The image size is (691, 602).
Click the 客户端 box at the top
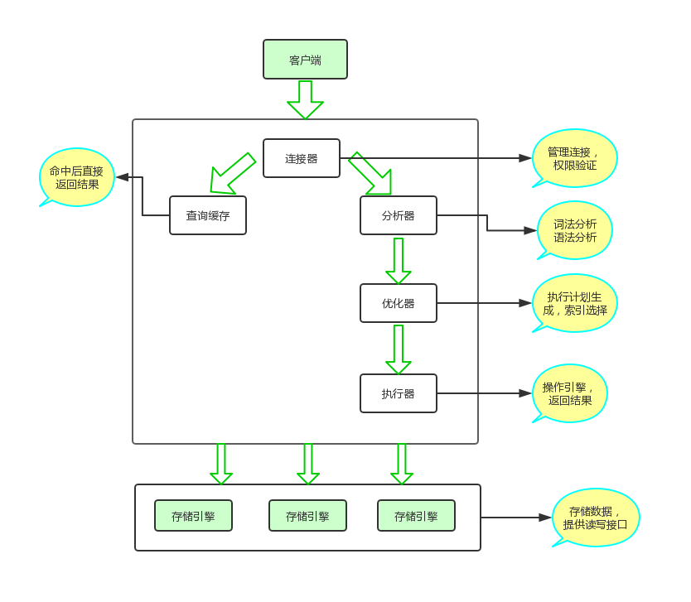[x=305, y=60]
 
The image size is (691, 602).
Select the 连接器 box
[x=302, y=158]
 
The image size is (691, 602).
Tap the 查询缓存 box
[x=208, y=215]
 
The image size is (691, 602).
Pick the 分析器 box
[x=399, y=215]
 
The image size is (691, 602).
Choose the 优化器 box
[x=399, y=303]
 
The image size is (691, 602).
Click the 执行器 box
[x=399, y=393]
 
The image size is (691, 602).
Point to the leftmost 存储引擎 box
[x=193, y=516]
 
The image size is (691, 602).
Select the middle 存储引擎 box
[x=307, y=516]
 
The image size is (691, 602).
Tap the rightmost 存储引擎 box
[x=416, y=516]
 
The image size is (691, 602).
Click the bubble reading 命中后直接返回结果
[x=77, y=177]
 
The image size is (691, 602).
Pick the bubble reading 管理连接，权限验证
[x=575, y=158]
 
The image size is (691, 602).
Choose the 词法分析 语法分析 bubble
[x=575, y=230]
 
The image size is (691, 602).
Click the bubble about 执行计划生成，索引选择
[x=575, y=303]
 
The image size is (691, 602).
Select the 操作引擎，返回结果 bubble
[x=569, y=393]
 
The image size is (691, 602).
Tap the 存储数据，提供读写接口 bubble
[x=595, y=518]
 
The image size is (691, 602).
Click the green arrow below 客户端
[x=305, y=99]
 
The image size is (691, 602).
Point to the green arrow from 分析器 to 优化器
[x=399, y=261]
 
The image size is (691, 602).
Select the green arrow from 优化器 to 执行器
[x=399, y=349]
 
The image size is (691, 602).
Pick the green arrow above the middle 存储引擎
[x=308, y=465]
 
